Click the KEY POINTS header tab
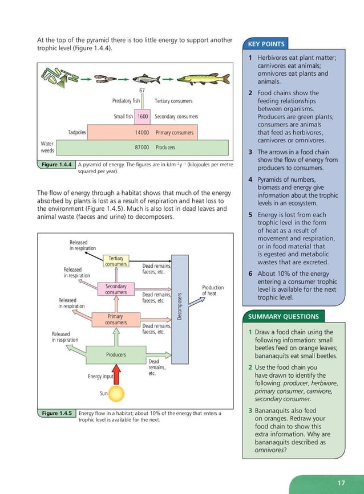click(266, 44)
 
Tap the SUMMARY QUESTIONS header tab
click(284, 316)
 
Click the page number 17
click(341, 483)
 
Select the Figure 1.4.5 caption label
click(56, 413)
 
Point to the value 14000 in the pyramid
click(142, 133)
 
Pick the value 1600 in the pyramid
click(143, 116)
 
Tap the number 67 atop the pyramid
click(143, 91)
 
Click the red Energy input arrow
click(117, 375)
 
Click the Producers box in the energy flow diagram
click(116, 354)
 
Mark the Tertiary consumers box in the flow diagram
click(116, 261)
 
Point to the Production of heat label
click(213, 291)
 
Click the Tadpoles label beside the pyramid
click(77, 133)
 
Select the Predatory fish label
click(126, 101)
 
